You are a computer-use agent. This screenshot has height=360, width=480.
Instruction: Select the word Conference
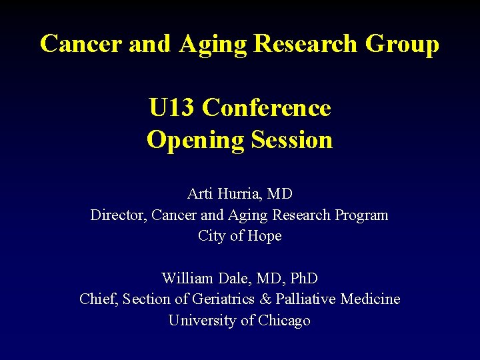[x=267, y=107]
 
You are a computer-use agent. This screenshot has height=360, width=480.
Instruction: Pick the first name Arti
[x=199, y=194]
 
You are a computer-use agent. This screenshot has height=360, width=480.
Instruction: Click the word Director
[x=117, y=215]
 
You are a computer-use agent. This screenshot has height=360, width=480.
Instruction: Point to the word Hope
[x=265, y=236]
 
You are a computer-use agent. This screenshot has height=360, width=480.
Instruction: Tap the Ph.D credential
[x=301, y=278]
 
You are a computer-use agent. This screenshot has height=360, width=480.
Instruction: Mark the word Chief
[x=98, y=299]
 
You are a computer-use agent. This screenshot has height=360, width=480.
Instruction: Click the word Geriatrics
[x=218, y=299]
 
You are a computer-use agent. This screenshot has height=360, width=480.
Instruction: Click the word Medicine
[x=371, y=299]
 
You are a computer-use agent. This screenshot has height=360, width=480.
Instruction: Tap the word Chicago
[x=285, y=321]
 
